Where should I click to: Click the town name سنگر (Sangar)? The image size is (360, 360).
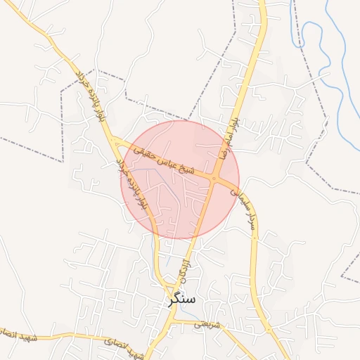coord(182,299)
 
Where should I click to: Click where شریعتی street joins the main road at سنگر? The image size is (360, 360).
coord(173,321)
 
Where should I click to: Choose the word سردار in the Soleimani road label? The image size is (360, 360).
coord(250,218)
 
